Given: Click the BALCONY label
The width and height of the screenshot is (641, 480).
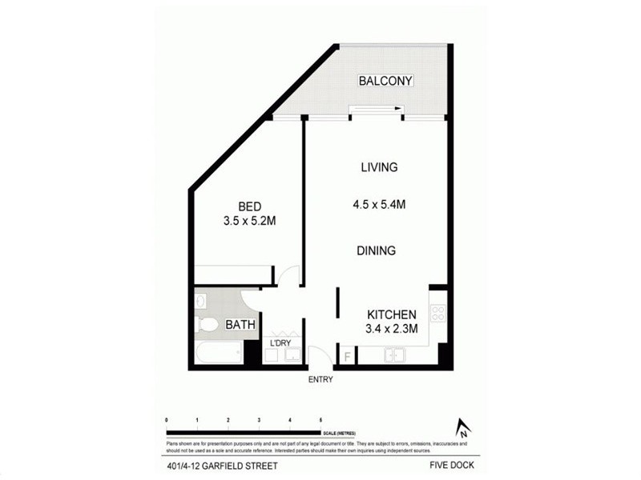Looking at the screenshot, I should (385, 81).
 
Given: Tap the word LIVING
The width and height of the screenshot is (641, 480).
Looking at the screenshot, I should (379, 167).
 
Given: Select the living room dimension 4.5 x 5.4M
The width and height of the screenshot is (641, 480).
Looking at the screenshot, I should (379, 204).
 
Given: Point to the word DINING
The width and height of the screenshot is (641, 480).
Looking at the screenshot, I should (377, 250).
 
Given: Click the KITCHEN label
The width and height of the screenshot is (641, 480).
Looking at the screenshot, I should (391, 314).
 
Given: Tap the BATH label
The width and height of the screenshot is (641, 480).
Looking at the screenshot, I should (240, 325).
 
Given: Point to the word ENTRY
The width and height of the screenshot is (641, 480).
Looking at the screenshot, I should (320, 380).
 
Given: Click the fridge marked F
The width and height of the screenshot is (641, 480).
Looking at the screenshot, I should (346, 355).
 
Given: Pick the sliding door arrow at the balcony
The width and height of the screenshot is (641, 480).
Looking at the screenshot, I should (377, 110).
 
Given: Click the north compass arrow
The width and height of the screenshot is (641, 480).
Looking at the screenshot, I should (461, 429).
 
